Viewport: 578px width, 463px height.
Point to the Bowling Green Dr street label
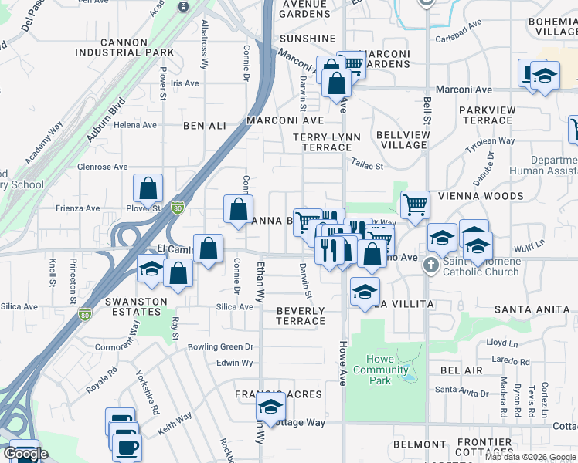pos(221,347)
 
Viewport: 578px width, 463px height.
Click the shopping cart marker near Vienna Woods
pos(416,205)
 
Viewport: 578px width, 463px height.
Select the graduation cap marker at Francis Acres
pos(270,406)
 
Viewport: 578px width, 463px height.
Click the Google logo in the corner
pos(25,454)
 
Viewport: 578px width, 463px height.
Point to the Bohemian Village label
pos(551,26)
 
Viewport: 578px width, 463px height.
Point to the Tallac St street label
pos(367,164)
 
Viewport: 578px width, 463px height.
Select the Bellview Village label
pos(402,140)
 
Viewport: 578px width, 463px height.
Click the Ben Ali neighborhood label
pos(205,125)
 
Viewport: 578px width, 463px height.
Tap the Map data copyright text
pos(529,457)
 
